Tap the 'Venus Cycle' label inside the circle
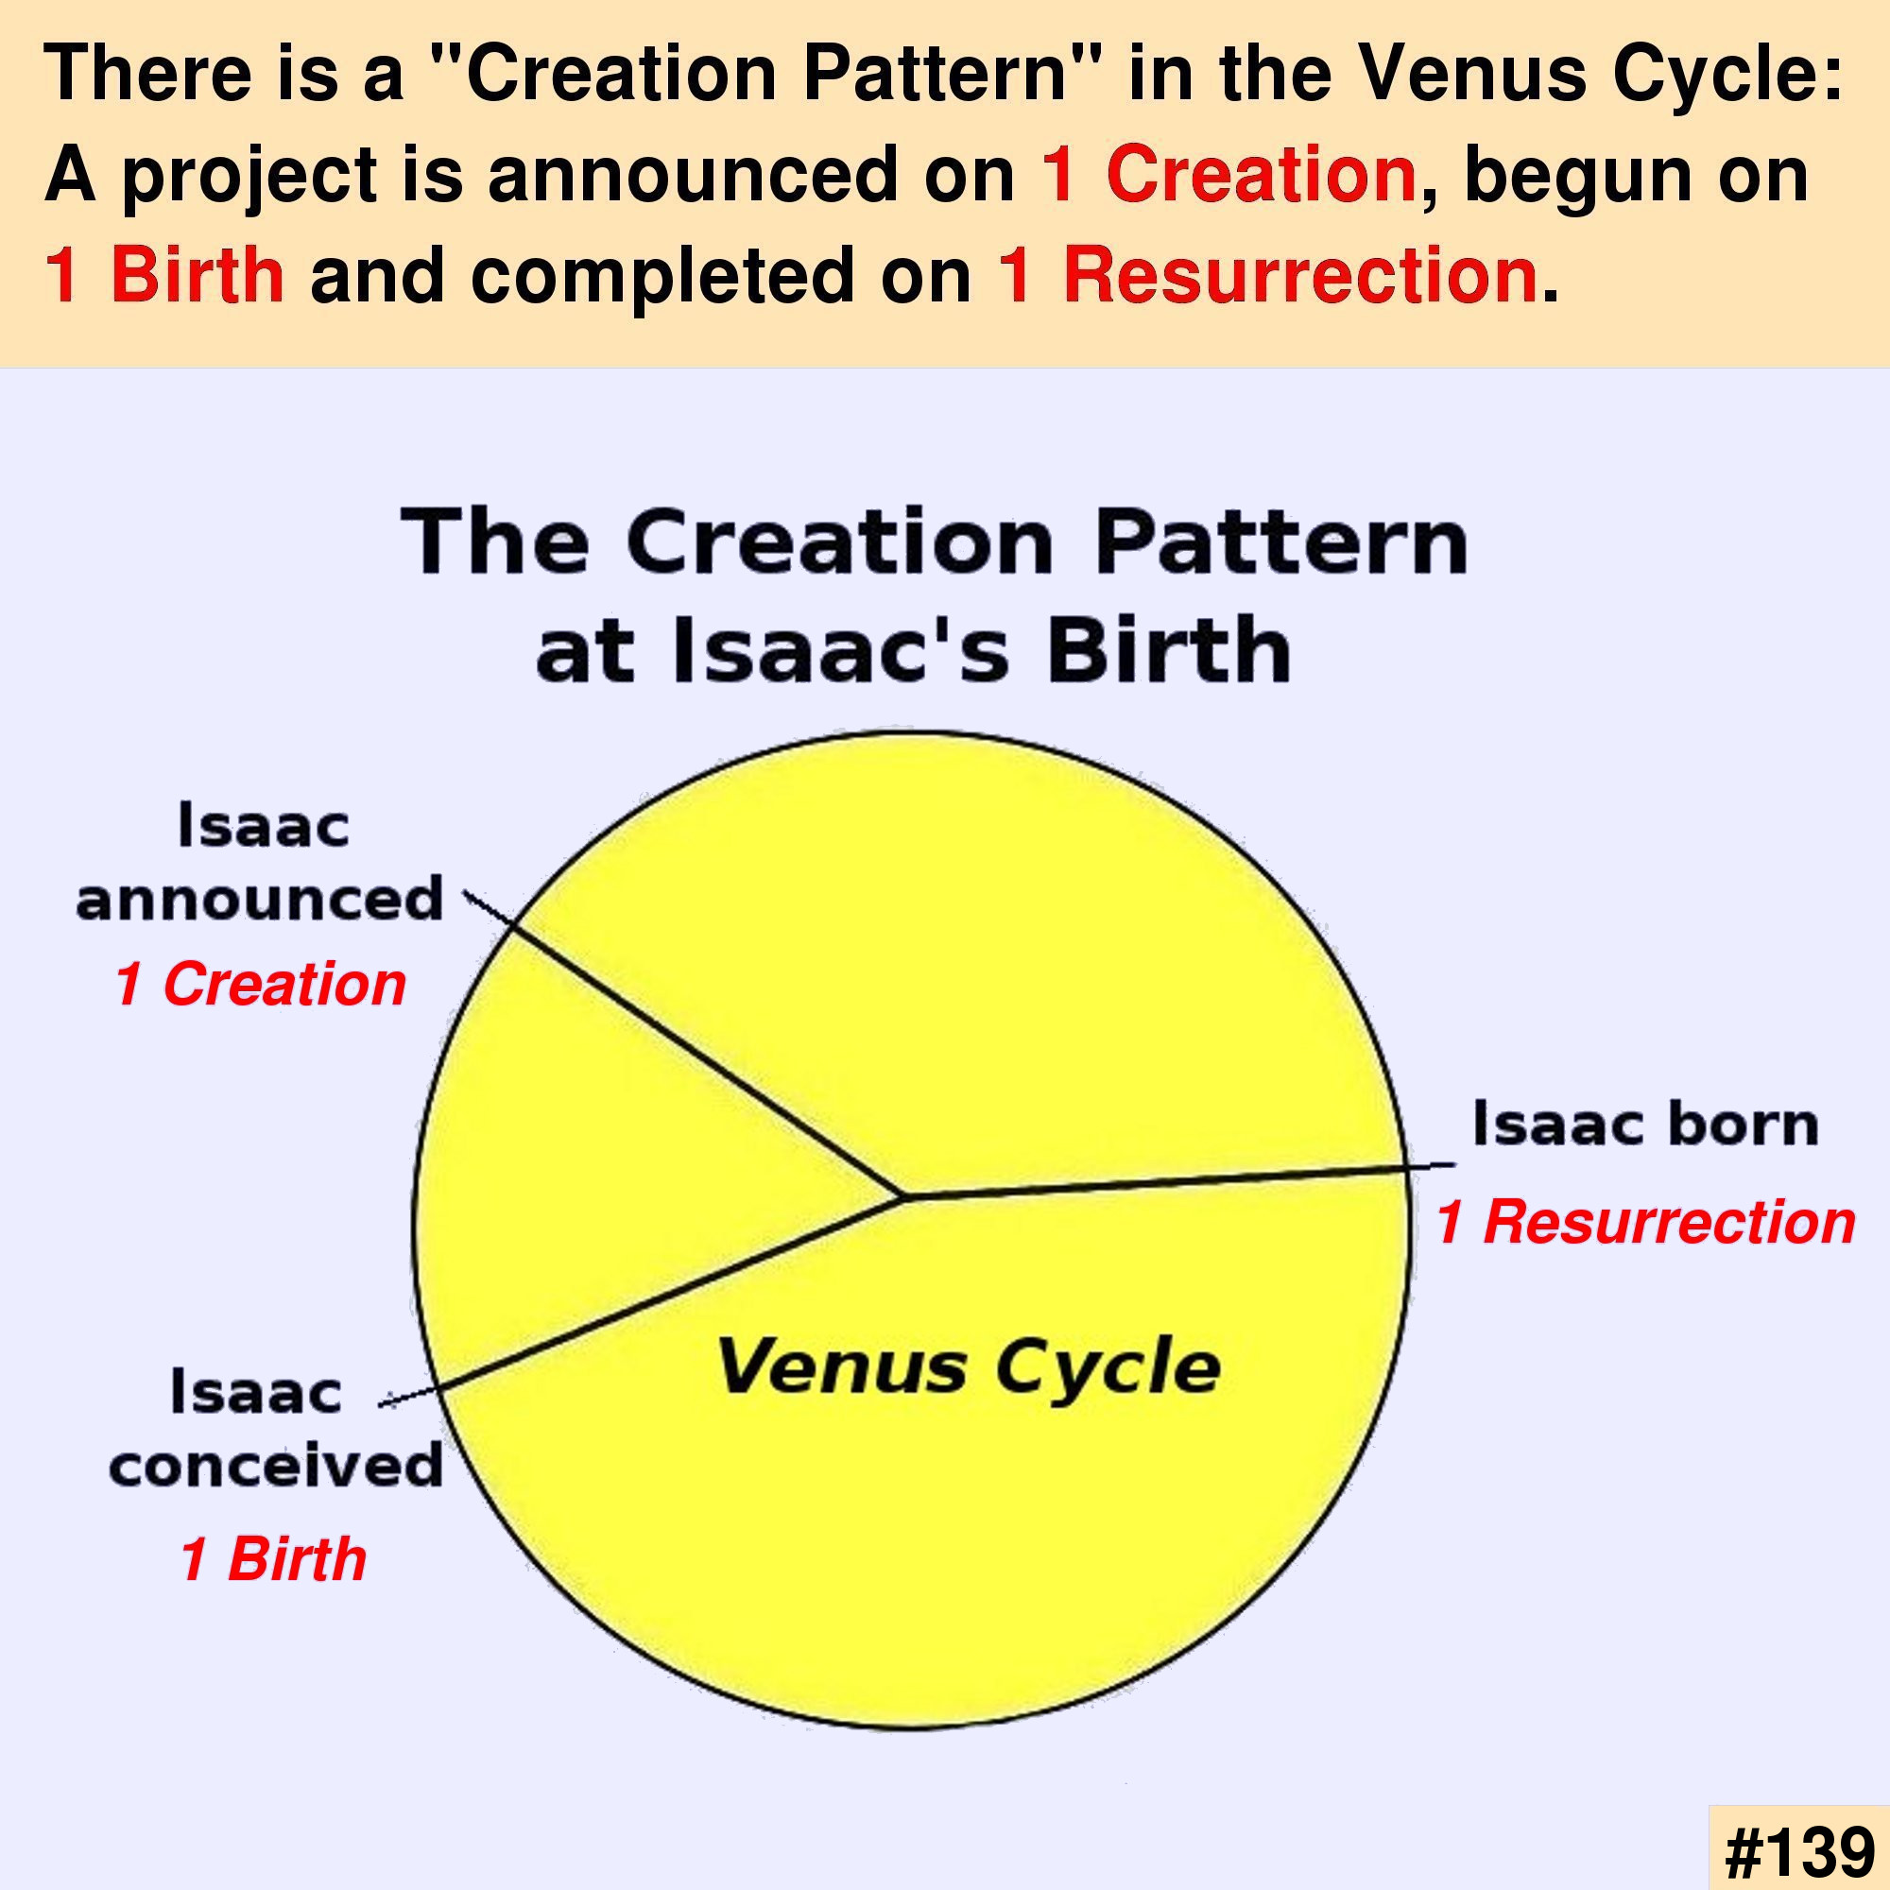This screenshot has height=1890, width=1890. point(968,1366)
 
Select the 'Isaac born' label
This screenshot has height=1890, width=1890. point(1645,1124)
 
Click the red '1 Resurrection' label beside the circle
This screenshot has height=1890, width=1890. point(1645,1223)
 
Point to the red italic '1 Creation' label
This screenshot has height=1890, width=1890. point(260,984)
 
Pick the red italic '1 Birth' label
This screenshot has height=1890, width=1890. point(273,1558)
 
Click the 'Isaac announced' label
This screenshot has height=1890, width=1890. point(260,862)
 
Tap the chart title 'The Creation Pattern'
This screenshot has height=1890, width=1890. point(935,543)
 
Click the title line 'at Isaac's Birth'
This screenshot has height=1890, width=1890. point(914,648)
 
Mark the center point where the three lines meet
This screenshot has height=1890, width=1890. point(904,1195)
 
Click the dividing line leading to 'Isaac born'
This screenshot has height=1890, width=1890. point(1179,1179)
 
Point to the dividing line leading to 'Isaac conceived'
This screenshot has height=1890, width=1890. point(642,1301)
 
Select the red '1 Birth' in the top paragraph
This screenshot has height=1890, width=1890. point(164,275)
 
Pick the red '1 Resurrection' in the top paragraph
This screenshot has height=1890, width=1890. point(1268,275)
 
